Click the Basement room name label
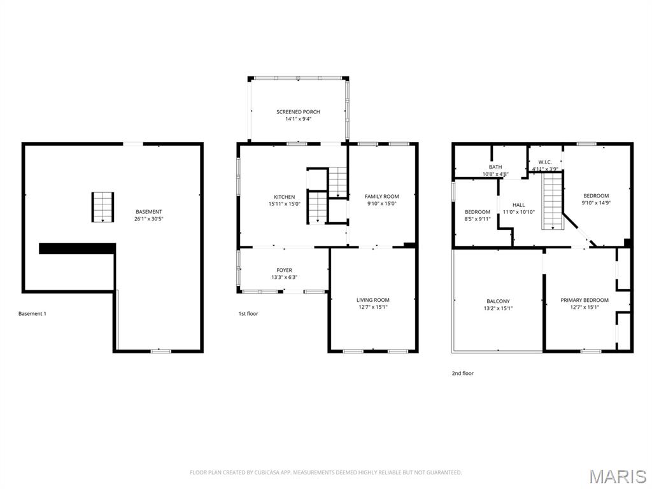pos(148,211)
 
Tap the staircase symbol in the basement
pos(103,207)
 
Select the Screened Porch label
pos(298,112)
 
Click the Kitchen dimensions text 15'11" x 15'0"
pos(285,204)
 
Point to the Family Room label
pos(382,197)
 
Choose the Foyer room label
pos(285,270)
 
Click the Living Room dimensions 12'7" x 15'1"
pos(373,308)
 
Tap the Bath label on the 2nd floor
pos(495,167)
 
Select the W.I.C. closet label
pos(545,162)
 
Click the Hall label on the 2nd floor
pos(518,205)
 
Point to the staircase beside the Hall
pos(552,201)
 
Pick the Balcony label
pos(498,301)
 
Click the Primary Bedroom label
pos(585,301)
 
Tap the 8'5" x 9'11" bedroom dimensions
pos(478,219)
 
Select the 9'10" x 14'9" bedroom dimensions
pos(596,203)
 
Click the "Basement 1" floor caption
pos(32,314)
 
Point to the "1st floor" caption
pos(248,314)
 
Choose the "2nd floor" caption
pos(462,373)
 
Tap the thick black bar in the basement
pos(77,248)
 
